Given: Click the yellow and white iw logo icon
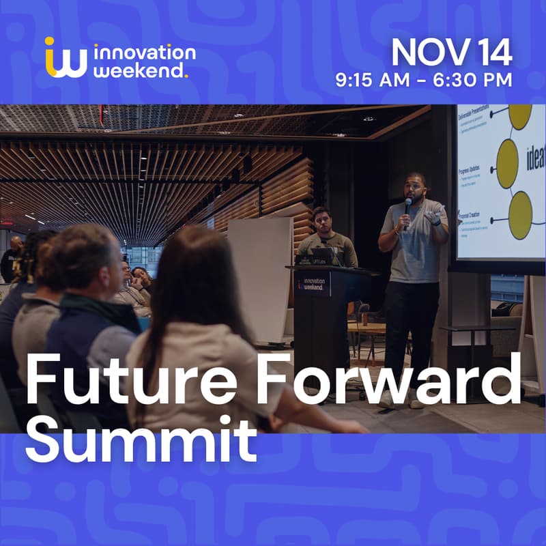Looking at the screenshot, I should pos(66,57).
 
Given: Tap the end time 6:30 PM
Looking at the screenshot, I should pos(474,80).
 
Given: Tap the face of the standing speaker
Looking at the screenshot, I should pos(416,186).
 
